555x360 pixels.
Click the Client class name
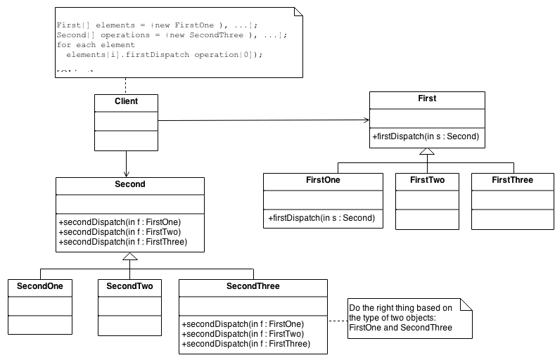[x=126, y=101]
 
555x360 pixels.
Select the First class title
[x=427, y=99]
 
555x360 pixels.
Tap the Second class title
[x=129, y=184]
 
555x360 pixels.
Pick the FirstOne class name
[x=323, y=180]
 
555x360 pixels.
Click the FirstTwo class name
[x=427, y=180]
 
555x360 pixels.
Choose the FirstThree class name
[x=512, y=180]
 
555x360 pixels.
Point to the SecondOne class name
[x=40, y=286]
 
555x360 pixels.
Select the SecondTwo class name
[x=129, y=286]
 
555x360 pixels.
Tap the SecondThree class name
[x=253, y=286]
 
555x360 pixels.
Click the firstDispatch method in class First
[x=426, y=137]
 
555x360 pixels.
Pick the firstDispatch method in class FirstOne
[x=321, y=219]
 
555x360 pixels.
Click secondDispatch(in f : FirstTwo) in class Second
[x=120, y=232]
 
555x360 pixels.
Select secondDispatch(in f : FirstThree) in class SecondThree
[x=245, y=345]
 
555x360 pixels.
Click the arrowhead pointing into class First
[x=365, y=120]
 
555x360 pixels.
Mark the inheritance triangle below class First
[x=427, y=153]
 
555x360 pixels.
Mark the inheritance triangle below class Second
[x=129, y=257]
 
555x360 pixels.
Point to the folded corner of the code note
[x=297, y=12]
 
